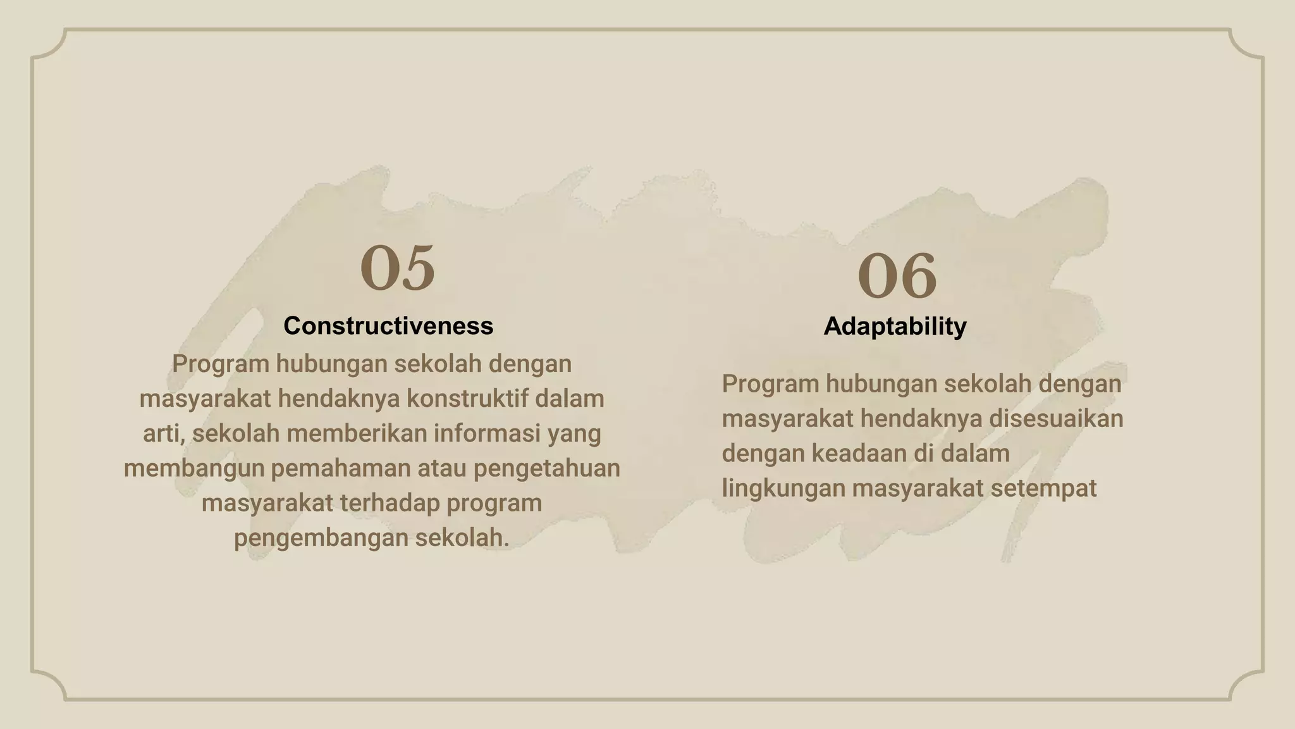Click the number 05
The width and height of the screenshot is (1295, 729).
click(x=398, y=268)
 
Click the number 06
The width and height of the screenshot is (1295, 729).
click(x=897, y=276)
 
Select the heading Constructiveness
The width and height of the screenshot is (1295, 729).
click(x=388, y=326)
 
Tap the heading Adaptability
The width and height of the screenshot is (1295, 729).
click(x=895, y=327)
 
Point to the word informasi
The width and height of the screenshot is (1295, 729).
click(x=487, y=434)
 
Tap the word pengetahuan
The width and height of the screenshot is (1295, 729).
click(x=547, y=469)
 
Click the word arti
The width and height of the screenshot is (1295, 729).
click(x=162, y=434)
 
